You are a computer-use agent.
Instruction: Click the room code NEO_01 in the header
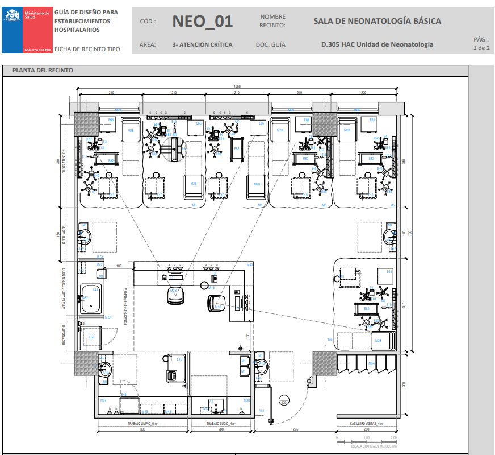[x=202, y=22]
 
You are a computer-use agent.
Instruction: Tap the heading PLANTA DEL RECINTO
[x=39, y=71]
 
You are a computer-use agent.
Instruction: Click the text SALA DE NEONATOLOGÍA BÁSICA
[x=377, y=22]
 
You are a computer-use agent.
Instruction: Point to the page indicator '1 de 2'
[x=481, y=48]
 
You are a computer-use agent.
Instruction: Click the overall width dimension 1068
[x=237, y=86]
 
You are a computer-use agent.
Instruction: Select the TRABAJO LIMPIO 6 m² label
[x=142, y=424]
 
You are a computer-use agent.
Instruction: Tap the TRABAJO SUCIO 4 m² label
[x=220, y=424]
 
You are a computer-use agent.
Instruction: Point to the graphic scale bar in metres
[x=366, y=441]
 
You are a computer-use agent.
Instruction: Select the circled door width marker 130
[x=283, y=403]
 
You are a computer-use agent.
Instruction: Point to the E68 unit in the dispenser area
[x=91, y=337]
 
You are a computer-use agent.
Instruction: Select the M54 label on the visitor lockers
[x=371, y=363]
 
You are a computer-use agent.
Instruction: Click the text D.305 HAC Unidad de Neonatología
[x=377, y=44]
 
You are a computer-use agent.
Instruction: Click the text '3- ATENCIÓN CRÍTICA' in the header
[x=202, y=44]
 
